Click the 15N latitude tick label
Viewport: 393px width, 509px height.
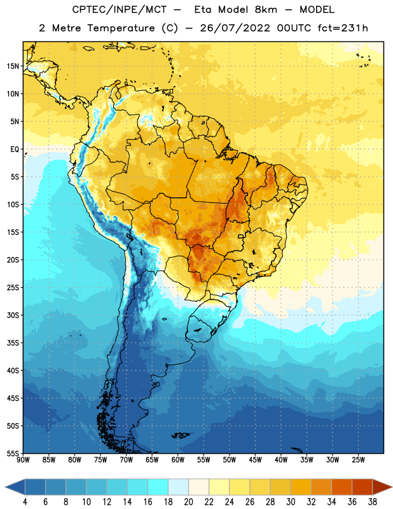(x=13, y=66)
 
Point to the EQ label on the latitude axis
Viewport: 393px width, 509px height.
(x=15, y=150)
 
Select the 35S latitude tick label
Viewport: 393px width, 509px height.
(x=13, y=343)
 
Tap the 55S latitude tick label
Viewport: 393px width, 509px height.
(x=13, y=453)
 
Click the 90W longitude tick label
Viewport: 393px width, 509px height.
(x=23, y=460)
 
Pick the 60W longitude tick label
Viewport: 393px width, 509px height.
(x=177, y=460)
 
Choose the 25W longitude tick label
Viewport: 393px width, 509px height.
(x=358, y=460)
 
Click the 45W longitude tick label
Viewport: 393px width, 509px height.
(x=255, y=460)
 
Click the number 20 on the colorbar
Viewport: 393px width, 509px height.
(x=188, y=502)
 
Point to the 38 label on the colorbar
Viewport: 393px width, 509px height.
(x=373, y=502)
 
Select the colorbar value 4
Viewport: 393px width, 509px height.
(x=25, y=502)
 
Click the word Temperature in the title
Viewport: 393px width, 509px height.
(x=121, y=28)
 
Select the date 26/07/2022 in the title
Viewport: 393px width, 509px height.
(x=235, y=28)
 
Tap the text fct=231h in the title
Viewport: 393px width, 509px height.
(x=343, y=28)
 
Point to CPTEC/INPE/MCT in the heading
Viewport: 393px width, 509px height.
(x=120, y=10)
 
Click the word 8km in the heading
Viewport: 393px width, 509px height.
(x=266, y=10)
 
